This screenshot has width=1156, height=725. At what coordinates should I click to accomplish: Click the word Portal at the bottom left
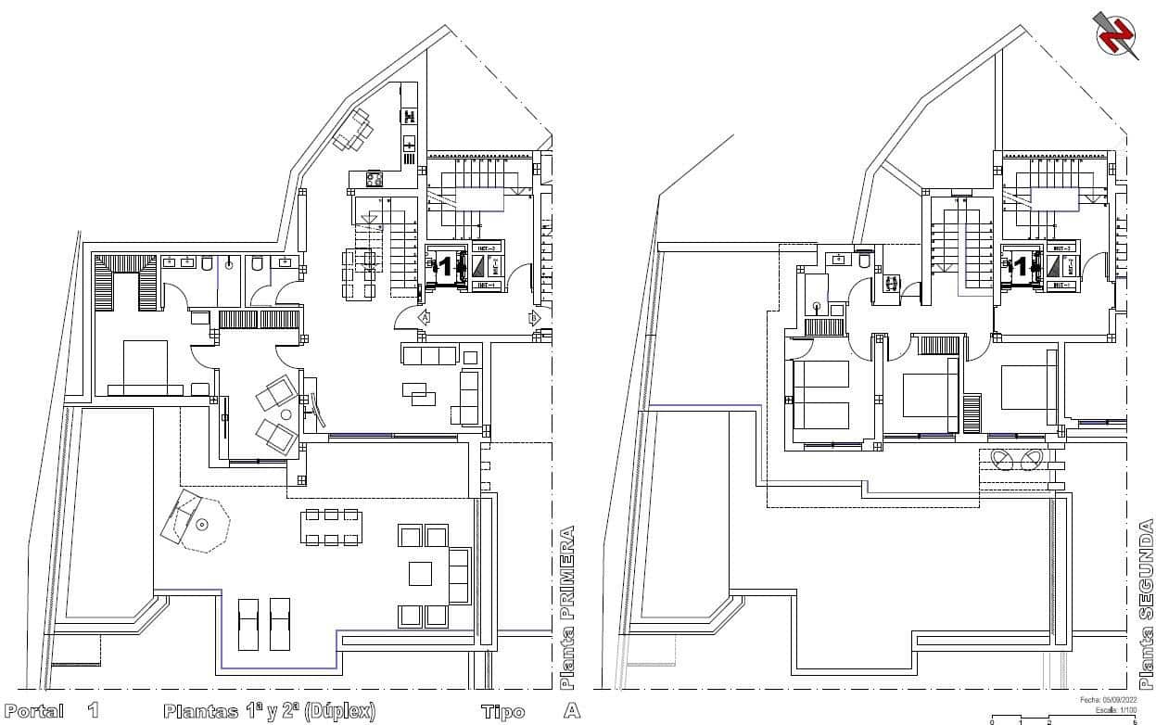[34, 711]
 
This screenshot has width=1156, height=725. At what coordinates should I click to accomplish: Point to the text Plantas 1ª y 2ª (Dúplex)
[270, 711]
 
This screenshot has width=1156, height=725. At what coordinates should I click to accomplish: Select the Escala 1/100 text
[1114, 710]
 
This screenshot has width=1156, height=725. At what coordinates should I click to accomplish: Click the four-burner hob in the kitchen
[375, 179]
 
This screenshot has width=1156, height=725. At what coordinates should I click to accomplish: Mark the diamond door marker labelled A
[425, 317]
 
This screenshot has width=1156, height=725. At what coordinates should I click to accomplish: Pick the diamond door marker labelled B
[534, 317]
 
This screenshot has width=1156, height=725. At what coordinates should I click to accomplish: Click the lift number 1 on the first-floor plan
[445, 268]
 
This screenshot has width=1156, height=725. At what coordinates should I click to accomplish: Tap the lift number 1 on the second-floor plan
[1021, 268]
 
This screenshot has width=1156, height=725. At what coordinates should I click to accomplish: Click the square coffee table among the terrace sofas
[422, 575]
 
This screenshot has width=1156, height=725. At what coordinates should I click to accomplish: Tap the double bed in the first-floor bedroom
[145, 368]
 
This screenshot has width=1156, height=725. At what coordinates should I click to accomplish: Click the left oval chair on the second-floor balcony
[1003, 459]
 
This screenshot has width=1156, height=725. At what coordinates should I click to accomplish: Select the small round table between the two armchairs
[286, 414]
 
